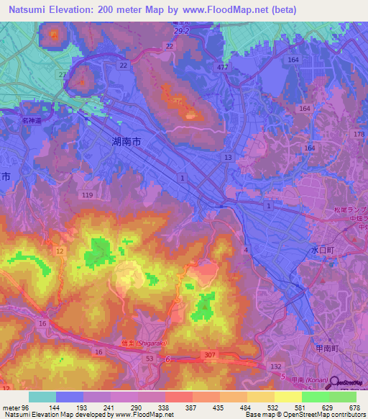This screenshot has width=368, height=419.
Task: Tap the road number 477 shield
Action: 224,67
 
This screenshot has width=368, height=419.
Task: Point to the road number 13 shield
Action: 227,157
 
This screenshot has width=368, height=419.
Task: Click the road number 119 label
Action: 88,195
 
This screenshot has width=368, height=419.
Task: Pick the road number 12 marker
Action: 60,251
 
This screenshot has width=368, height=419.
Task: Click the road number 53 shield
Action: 149,358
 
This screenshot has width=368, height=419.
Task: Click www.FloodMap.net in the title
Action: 227,10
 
